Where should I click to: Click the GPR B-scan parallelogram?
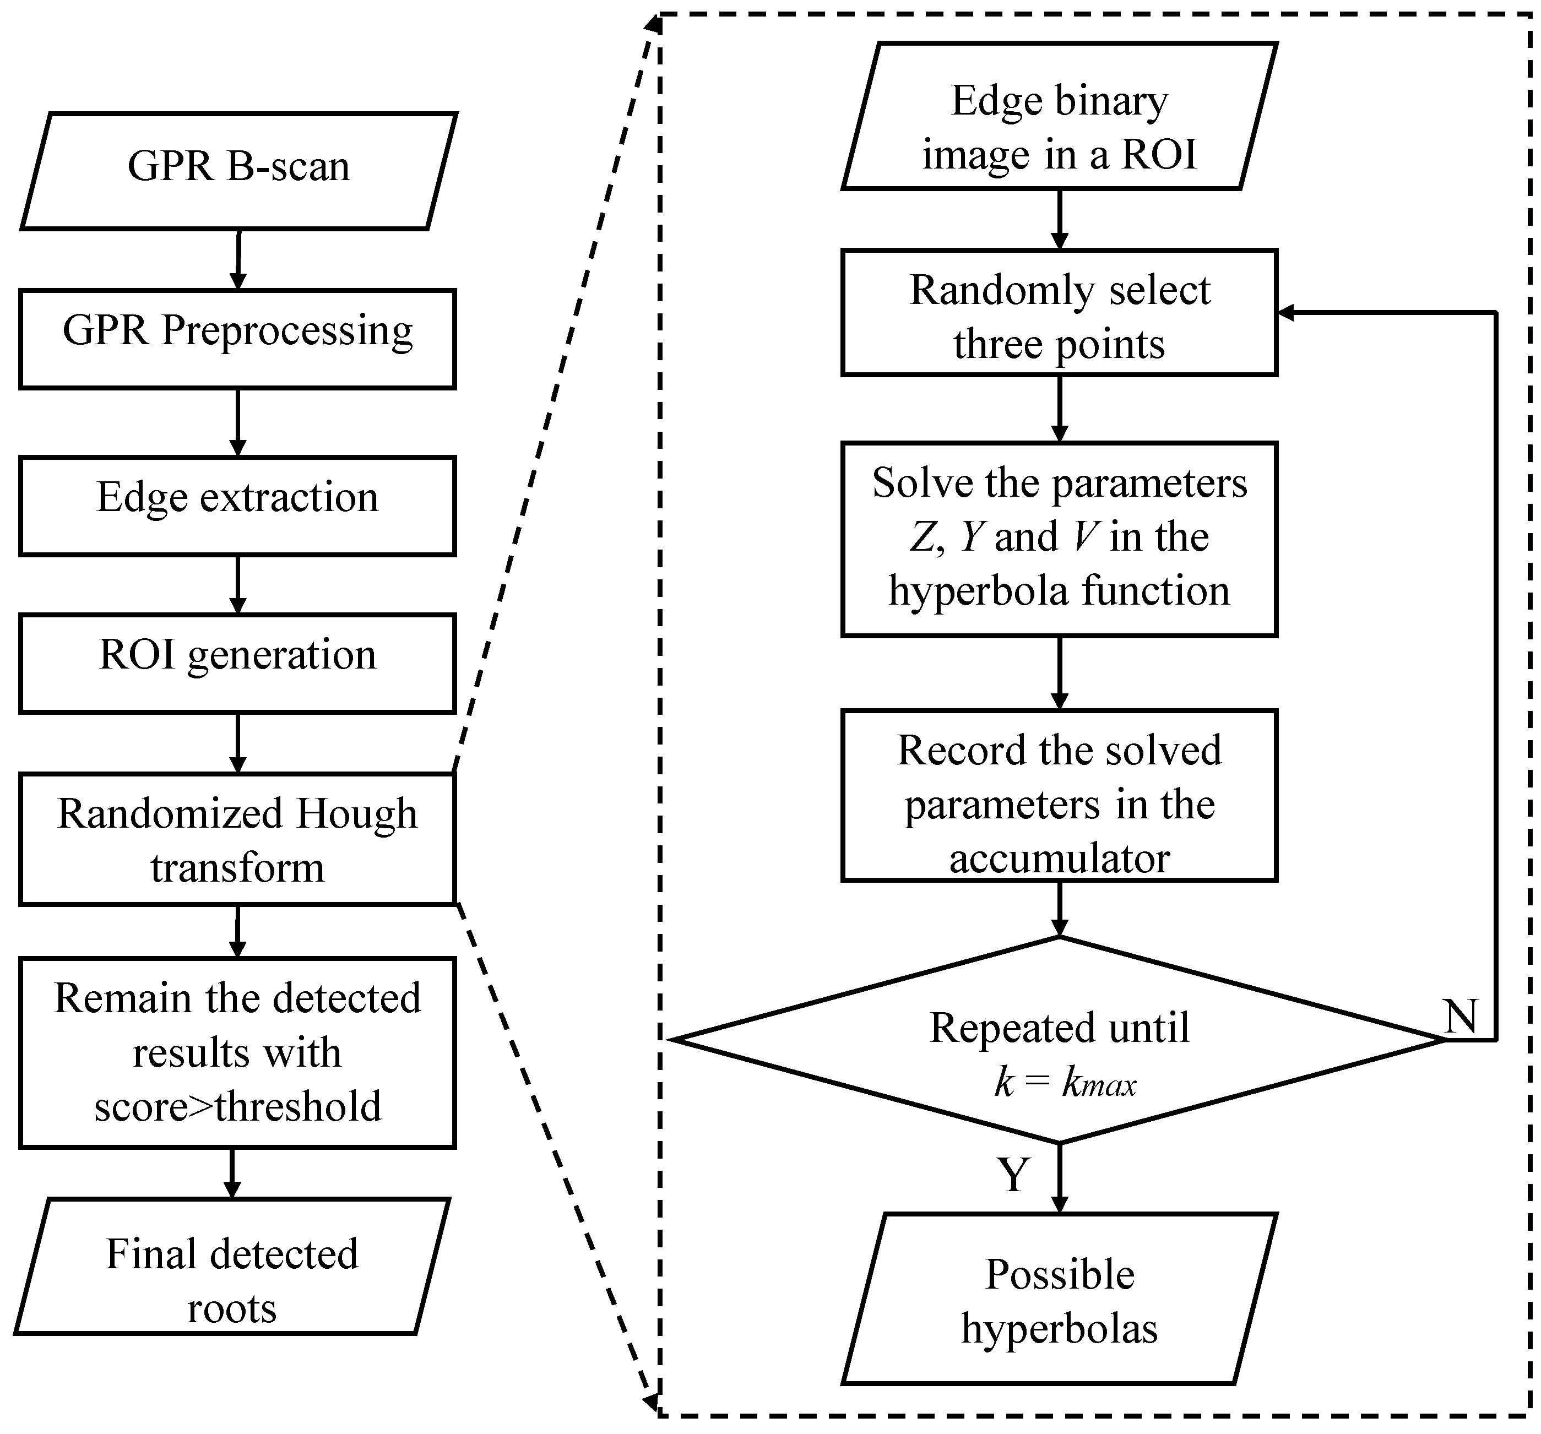pos(238,171)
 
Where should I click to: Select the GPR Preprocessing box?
pos(237,339)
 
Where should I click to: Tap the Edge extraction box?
pos(237,506)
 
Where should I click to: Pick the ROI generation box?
pos(237,662)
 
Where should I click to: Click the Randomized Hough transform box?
pos(237,839)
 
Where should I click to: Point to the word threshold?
pos(299,1106)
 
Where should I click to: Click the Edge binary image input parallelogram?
pos(1059,116)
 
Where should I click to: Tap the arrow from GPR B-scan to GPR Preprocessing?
pos(238,260)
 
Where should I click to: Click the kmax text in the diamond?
pos(1099,1083)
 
